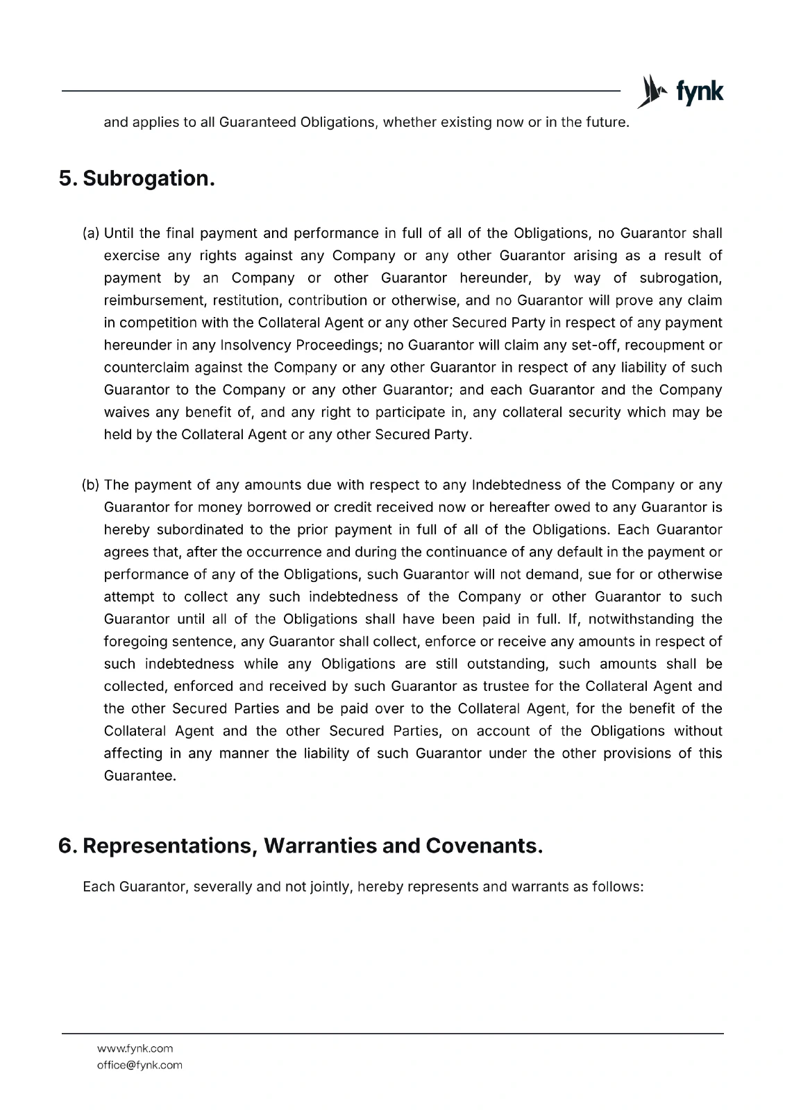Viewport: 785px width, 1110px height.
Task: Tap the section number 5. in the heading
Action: [67, 179]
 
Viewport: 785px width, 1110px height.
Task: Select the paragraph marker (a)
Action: [92, 233]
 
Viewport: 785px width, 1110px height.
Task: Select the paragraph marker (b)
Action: [92, 485]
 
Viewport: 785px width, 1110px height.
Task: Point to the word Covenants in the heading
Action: [483, 846]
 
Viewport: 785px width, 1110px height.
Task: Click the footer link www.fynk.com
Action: [135, 1048]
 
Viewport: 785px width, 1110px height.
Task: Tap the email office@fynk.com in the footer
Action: [140, 1065]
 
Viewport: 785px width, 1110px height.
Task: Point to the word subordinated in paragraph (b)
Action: [201, 530]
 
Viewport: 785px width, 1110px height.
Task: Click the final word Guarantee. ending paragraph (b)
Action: [140, 776]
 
